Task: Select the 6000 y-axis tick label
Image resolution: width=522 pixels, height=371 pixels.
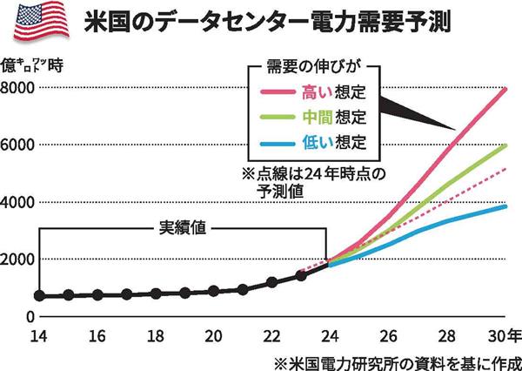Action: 18,145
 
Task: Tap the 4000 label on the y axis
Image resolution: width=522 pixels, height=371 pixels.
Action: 18,202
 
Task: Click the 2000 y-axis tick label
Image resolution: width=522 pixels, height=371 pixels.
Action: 18,260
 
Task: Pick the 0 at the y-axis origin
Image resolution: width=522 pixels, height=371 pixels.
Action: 28,316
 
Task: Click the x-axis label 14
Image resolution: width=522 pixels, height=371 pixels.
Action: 39,336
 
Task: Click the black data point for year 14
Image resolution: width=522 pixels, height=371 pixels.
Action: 39,296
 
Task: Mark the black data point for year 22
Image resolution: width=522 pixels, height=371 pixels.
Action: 271,282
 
